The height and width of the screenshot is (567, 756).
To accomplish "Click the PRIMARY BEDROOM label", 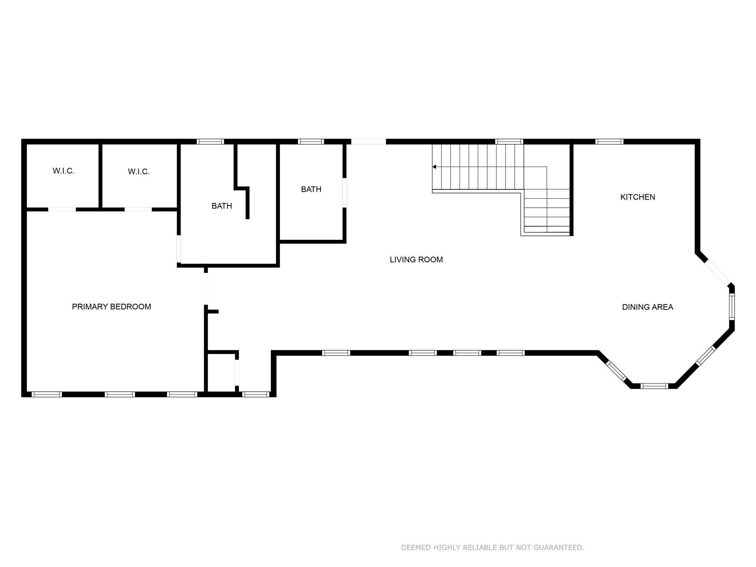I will click(x=111, y=307).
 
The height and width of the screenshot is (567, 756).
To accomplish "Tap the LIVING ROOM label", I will click(x=416, y=260).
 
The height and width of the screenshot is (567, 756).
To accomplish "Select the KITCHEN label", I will click(x=638, y=197).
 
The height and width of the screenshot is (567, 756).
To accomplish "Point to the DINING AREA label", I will click(x=647, y=307).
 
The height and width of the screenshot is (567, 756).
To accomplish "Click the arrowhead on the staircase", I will click(x=434, y=167).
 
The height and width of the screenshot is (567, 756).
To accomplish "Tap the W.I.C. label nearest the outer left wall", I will click(x=63, y=171).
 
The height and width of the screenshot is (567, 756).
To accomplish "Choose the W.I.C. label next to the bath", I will click(x=139, y=172).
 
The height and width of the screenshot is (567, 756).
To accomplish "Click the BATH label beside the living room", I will click(x=311, y=189).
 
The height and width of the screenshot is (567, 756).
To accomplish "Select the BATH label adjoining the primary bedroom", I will click(x=221, y=206).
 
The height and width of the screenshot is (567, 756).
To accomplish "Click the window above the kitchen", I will click(x=609, y=141).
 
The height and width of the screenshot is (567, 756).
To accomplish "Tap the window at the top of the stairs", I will click(x=509, y=141).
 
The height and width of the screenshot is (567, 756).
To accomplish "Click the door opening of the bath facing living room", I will click(x=344, y=193).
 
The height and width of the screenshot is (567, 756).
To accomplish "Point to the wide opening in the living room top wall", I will click(x=368, y=141).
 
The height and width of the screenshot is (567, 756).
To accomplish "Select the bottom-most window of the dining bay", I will click(x=654, y=386).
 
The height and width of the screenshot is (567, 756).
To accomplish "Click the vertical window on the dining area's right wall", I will click(x=732, y=307).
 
